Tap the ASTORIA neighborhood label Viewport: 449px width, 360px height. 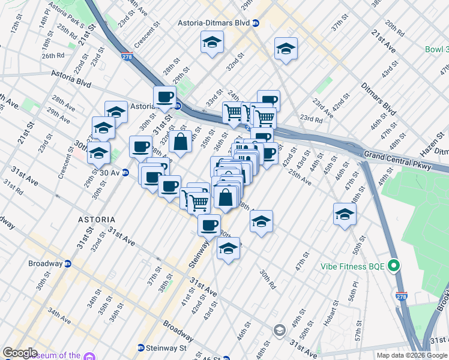click(97, 220)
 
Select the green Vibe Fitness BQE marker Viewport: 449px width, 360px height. click(394, 265)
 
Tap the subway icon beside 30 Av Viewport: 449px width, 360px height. click(125, 173)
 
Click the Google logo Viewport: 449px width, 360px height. click(19, 353)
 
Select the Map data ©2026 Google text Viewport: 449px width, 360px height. click(412, 355)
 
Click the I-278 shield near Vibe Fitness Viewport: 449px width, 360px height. click(401, 296)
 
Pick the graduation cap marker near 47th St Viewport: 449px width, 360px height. click(345, 214)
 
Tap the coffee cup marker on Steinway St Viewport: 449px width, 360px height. click(209, 225)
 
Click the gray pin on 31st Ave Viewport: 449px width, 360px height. click(279, 329)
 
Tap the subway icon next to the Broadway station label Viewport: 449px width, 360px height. click(68, 263)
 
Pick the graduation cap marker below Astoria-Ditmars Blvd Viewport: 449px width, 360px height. click(211, 43)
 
